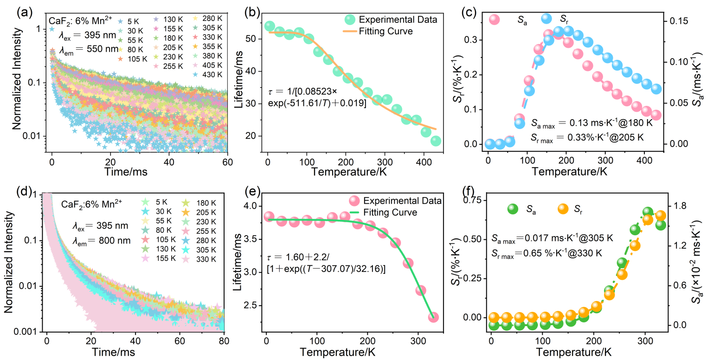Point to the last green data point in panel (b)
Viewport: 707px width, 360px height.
(436, 141)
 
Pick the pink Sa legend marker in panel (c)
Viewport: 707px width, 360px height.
(495, 19)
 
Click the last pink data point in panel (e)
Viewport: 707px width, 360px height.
(433, 317)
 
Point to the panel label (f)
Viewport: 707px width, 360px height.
(471, 190)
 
